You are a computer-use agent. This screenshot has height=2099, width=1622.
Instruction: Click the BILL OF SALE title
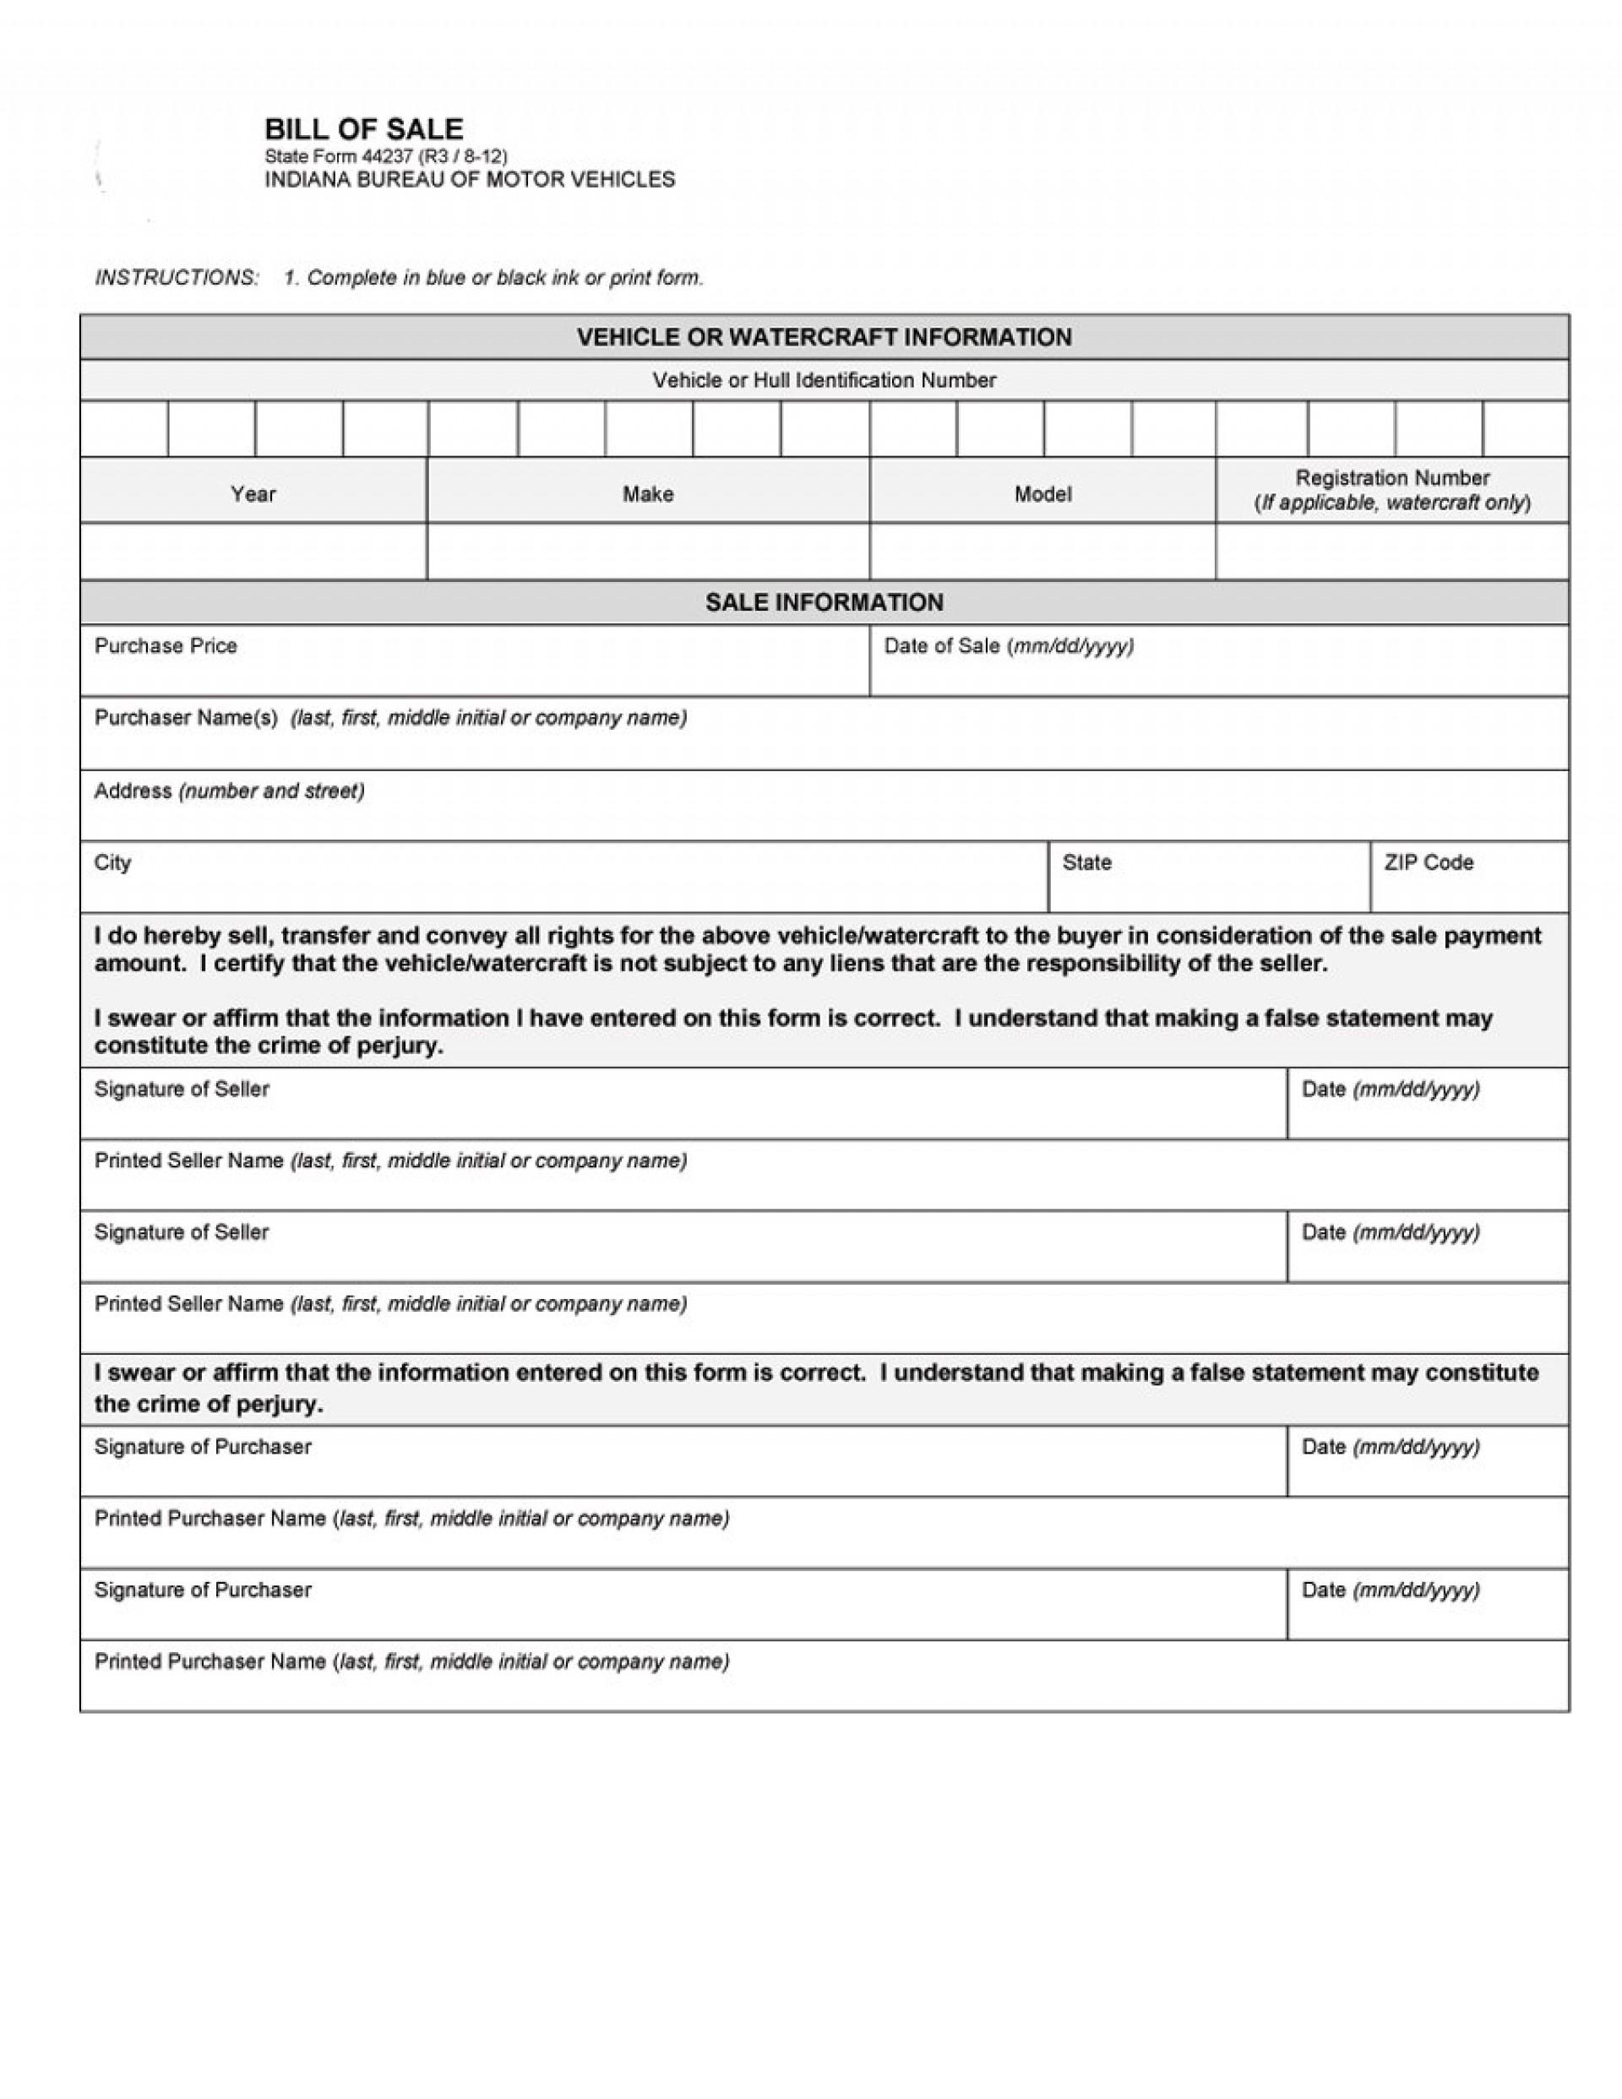(x=363, y=128)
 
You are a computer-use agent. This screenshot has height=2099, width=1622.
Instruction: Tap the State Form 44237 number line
(x=385, y=156)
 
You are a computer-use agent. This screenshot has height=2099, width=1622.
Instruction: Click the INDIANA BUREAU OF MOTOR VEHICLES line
(x=469, y=180)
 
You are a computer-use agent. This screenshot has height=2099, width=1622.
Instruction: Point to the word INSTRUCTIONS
(x=177, y=278)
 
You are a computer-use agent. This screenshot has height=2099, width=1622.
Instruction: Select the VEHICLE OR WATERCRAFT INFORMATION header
(x=824, y=337)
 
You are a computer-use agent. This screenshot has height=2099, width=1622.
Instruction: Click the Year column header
(x=253, y=494)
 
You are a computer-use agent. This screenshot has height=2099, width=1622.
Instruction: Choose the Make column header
(x=647, y=494)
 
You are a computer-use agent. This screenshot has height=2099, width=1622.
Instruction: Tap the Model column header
(x=1042, y=494)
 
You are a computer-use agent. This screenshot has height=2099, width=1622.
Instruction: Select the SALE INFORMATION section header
(x=824, y=602)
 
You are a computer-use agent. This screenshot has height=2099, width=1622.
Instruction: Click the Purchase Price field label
(x=166, y=646)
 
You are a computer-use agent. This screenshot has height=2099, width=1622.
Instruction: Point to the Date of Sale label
(x=1008, y=646)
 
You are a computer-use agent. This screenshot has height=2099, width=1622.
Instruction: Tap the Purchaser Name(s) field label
(x=186, y=718)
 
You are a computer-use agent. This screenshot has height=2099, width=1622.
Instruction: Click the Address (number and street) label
(x=229, y=791)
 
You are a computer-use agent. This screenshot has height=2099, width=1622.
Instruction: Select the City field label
(x=112, y=862)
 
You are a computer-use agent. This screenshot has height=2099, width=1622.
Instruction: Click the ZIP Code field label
(x=1428, y=862)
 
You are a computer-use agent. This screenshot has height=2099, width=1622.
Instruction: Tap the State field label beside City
(x=1086, y=862)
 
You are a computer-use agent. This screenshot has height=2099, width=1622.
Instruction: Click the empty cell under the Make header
(x=647, y=552)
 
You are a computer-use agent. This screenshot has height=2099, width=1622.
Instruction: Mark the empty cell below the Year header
(x=253, y=552)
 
